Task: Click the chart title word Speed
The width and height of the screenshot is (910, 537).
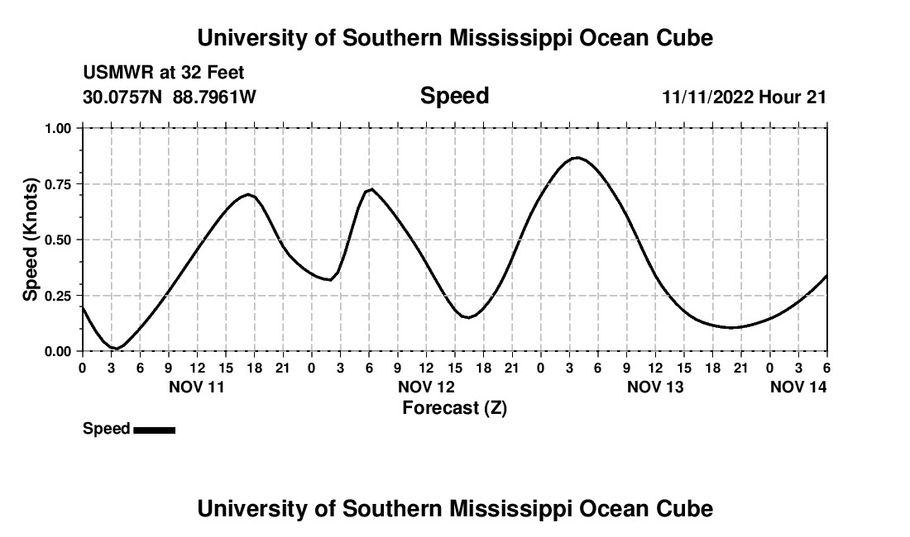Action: tap(454, 96)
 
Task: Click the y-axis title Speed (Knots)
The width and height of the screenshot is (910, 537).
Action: tap(31, 240)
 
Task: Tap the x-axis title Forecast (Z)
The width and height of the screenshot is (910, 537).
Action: tap(454, 408)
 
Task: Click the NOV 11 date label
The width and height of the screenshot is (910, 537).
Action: tap(196, 387)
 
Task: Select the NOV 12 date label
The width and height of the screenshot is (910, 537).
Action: tap(426, 387)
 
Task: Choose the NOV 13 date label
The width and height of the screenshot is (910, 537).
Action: tap(655, 387)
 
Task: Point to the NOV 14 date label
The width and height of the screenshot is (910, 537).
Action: tap(798, 387)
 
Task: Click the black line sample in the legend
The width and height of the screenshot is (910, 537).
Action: tap(154, 430)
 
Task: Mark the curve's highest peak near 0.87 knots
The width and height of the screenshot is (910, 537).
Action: tap(577, 157)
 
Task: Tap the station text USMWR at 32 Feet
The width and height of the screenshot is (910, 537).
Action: tap(164, 74)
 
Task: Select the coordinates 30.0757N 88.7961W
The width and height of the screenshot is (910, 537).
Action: tap(170, 97)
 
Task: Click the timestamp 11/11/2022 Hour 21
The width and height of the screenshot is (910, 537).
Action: tap(744, 97)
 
